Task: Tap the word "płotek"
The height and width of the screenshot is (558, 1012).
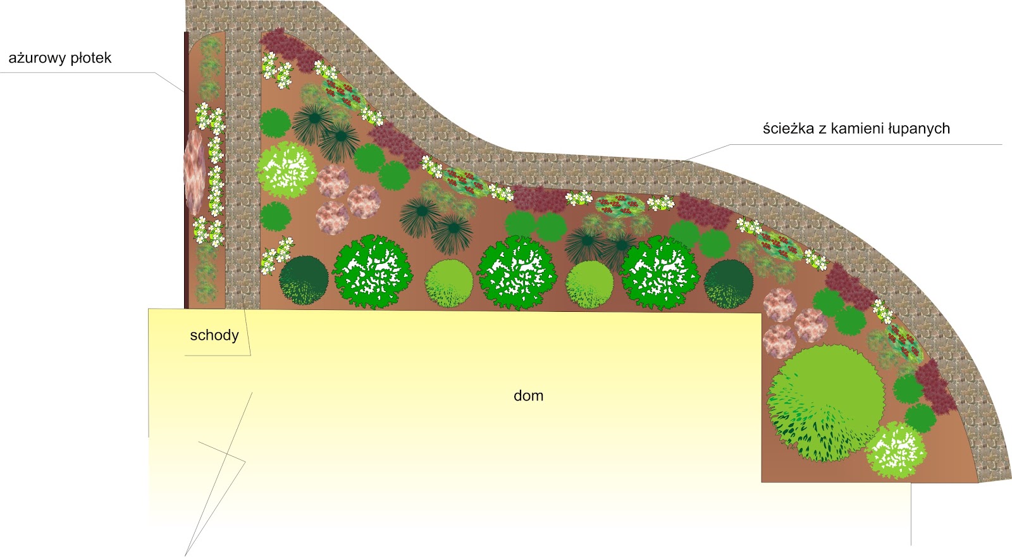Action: [91, 59]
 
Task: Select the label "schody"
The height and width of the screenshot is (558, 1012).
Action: [214, 335]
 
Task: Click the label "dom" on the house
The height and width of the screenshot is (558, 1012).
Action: [528, 396]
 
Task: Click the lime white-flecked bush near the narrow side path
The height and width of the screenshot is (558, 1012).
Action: [287, 170]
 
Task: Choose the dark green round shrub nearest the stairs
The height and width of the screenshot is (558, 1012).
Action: [304, 280]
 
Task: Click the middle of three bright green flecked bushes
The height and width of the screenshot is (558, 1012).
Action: [517, 273]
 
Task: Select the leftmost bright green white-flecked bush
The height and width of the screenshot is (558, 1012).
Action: [372, 272]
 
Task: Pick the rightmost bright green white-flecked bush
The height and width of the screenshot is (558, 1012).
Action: [660, 273]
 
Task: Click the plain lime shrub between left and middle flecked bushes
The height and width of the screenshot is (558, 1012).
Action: [448, 283]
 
